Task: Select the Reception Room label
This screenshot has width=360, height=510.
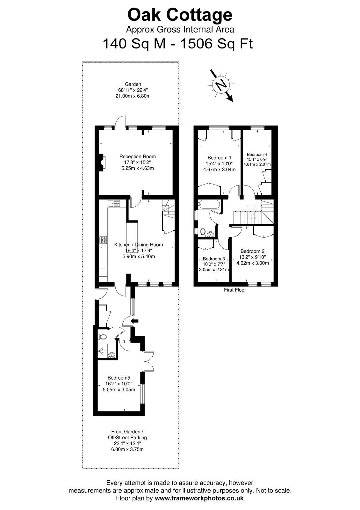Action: pos(137,157)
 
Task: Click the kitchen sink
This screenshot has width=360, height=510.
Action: pos(114,203)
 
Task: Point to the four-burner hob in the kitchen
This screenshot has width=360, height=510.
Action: pos(103,240)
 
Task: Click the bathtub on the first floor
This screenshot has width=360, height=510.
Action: pos(209,204)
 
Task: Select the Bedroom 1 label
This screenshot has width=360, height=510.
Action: pos(220,157)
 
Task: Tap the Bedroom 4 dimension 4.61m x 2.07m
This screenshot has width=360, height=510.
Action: pos(257,164)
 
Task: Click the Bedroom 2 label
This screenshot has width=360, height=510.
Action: pos(252,251)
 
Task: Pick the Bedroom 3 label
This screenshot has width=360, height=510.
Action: pos(214,259)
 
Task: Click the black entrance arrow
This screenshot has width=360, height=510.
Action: pos(135,321)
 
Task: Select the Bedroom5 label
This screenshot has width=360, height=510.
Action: pos(119,378)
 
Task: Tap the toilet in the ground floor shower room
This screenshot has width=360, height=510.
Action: pos(103,337)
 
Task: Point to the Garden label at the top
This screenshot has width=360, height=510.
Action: pos(133,84)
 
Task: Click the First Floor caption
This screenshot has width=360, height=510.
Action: pos(235,290)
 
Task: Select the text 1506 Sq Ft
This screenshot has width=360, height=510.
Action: pos(216,43)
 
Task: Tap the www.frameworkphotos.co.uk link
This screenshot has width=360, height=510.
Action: pos(199,498)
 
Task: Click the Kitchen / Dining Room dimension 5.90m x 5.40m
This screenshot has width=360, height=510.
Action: pos(139,256)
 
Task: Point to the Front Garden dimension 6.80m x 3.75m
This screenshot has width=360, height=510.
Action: pos(127,449)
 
